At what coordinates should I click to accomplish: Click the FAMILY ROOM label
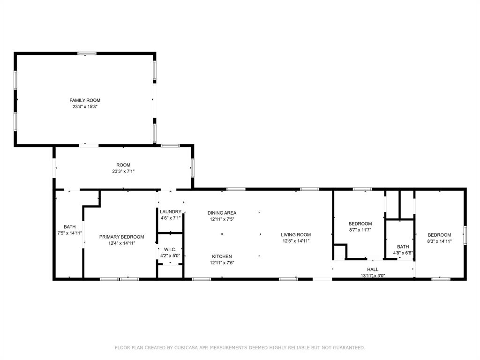pos(85,100)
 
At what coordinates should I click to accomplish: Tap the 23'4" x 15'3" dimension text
pos(85,107)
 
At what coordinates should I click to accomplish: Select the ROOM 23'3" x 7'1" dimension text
pos(123,172)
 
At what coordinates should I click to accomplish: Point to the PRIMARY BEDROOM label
pos(121,237)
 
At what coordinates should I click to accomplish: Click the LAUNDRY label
pos(170,211)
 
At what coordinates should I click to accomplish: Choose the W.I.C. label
pos(170,249)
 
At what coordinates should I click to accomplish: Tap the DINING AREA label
pos(222,213)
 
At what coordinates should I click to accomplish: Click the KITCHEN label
pos(222,256)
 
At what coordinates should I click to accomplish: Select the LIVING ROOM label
pos(296,235)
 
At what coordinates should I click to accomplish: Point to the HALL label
pos(373,270)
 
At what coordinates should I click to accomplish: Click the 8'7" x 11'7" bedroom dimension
pos(360,230)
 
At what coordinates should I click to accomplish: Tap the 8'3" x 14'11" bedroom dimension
pos(439,241)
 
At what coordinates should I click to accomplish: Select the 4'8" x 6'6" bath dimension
pos(403,253)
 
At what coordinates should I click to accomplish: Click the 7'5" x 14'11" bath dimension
pos(69,233)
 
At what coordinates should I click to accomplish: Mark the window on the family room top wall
pos(87,53)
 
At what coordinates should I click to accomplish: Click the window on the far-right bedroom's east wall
pos(465,235)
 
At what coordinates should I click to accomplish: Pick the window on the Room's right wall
pos(192,168)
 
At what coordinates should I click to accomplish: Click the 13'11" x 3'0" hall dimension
pos(373,276)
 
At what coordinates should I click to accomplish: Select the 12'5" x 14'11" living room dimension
pos(296,241)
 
